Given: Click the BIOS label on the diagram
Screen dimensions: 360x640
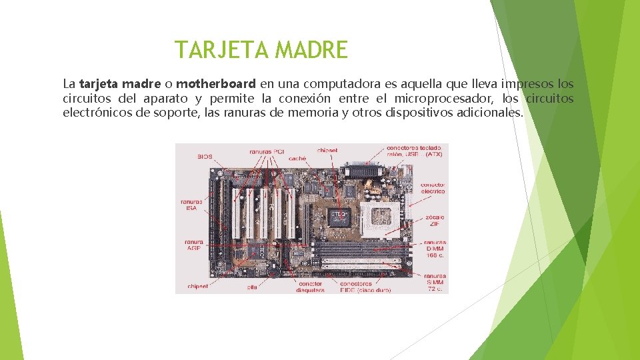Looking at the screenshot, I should point(205,157).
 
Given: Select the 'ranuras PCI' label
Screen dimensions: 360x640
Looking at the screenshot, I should point(267,151).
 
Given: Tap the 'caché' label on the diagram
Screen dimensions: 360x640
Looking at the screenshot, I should point(297,159).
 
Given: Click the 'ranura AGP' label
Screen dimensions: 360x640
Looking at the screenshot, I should point(193,244).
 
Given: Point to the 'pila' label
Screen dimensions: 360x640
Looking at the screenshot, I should point(252,287).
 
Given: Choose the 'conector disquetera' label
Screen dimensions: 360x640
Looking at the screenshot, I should point(309,286).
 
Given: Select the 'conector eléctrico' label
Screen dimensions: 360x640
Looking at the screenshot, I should point(433,188).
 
